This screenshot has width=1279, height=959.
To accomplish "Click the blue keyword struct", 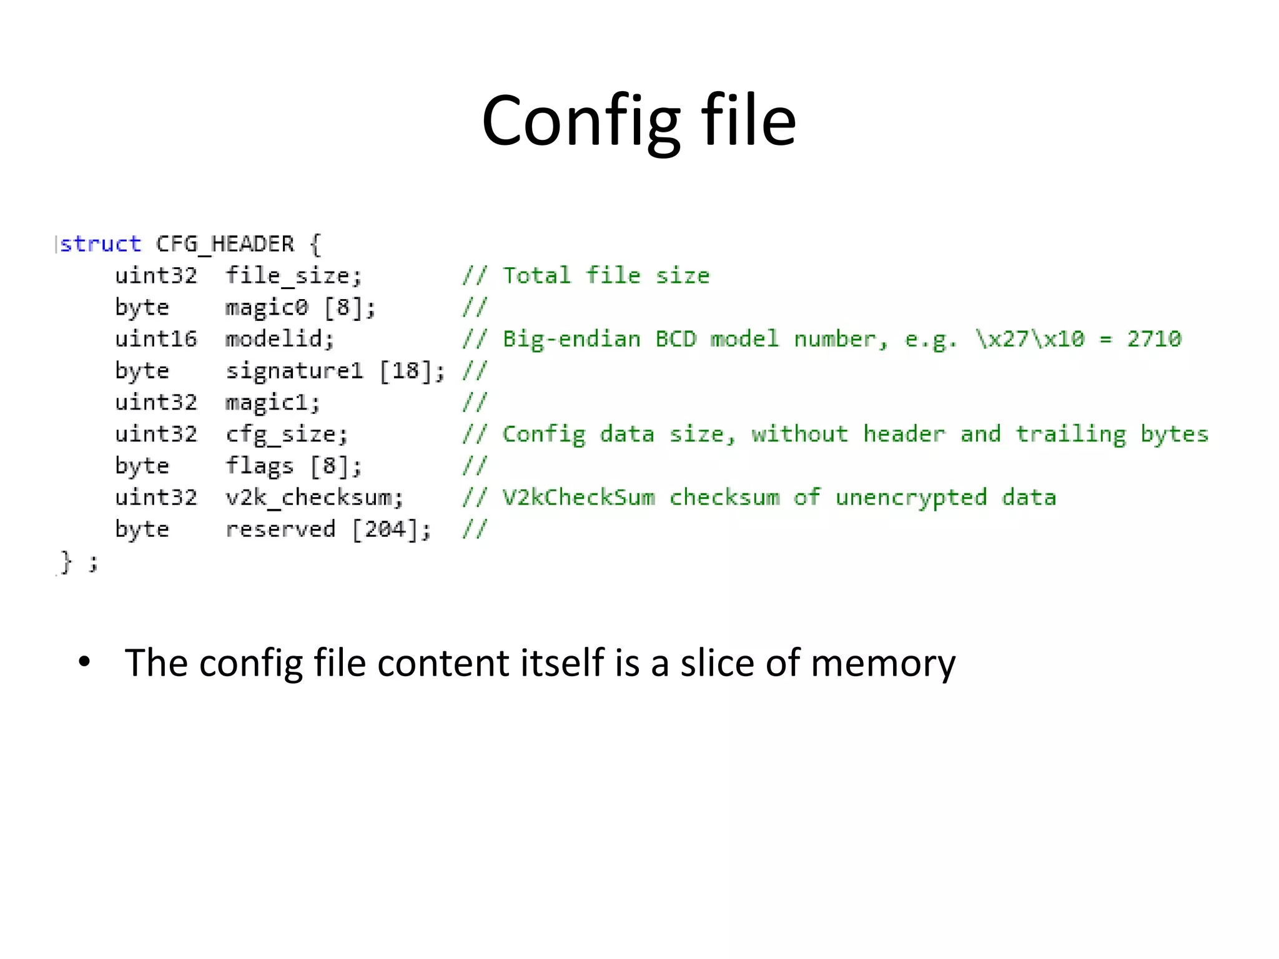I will click(x=101, y=243).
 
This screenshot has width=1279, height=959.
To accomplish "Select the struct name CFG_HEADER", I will click(x=225, y=243).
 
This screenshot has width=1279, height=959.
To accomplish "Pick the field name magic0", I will click(x=267, y=307).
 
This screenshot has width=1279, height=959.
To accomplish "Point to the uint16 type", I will click(x=156, y=339).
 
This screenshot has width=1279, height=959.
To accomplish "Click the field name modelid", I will click(x=279, y=339).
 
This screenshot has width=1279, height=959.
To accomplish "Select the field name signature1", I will click(x=294, y=371).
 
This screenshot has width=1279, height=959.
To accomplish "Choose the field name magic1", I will click(x=272, y=403).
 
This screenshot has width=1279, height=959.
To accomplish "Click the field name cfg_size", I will click(x=285, y=435).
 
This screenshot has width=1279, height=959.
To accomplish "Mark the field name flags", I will click(x=259, y=466).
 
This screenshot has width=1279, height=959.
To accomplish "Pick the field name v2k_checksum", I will click(x=314, y=498).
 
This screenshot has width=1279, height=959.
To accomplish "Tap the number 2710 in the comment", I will click(x=1154, y=339).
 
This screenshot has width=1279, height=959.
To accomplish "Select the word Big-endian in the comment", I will click(x=571, y=339).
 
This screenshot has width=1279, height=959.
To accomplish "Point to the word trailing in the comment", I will click(x=1070, y=435).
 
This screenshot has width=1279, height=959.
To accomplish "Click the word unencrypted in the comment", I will click(x=911, y=498).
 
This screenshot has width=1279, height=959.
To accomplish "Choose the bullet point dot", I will click(x=84, y=662).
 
